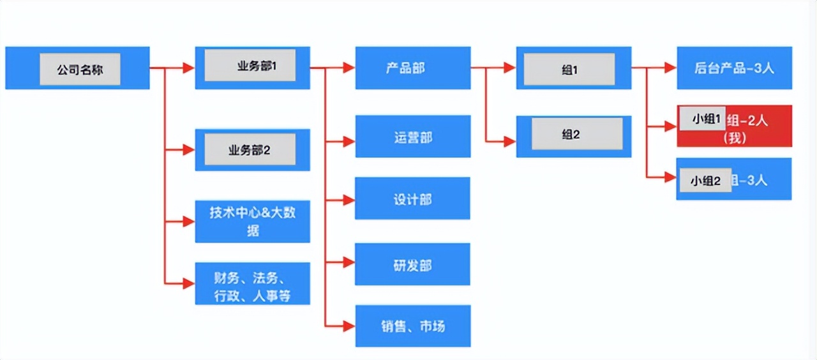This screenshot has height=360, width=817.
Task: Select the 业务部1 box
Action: pos(253,67)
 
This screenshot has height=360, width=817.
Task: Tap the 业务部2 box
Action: pos(253,150)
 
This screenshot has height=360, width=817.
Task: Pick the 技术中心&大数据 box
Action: pos(253,221)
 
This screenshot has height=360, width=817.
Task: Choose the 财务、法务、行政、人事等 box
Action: pos(253,287)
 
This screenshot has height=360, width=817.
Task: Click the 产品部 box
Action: pos(412,68)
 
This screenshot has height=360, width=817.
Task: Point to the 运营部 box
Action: pos(412,137)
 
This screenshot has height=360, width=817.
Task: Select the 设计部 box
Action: pos(412,199)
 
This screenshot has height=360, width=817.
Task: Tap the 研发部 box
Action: pos(412,264)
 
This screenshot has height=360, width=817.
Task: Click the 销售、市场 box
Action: pos(412,326)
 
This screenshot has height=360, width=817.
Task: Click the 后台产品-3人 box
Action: pos(734,68)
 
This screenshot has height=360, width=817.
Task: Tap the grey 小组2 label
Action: pos(705,181)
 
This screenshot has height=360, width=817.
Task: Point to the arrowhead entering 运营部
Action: pos(349,142)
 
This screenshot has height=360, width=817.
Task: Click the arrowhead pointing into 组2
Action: pos(509,142)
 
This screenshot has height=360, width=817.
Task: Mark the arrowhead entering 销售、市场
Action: pos(349,326)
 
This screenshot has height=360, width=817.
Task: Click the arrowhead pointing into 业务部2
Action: pos(188,150)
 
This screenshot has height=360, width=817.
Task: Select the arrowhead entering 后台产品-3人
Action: pos(670,68)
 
